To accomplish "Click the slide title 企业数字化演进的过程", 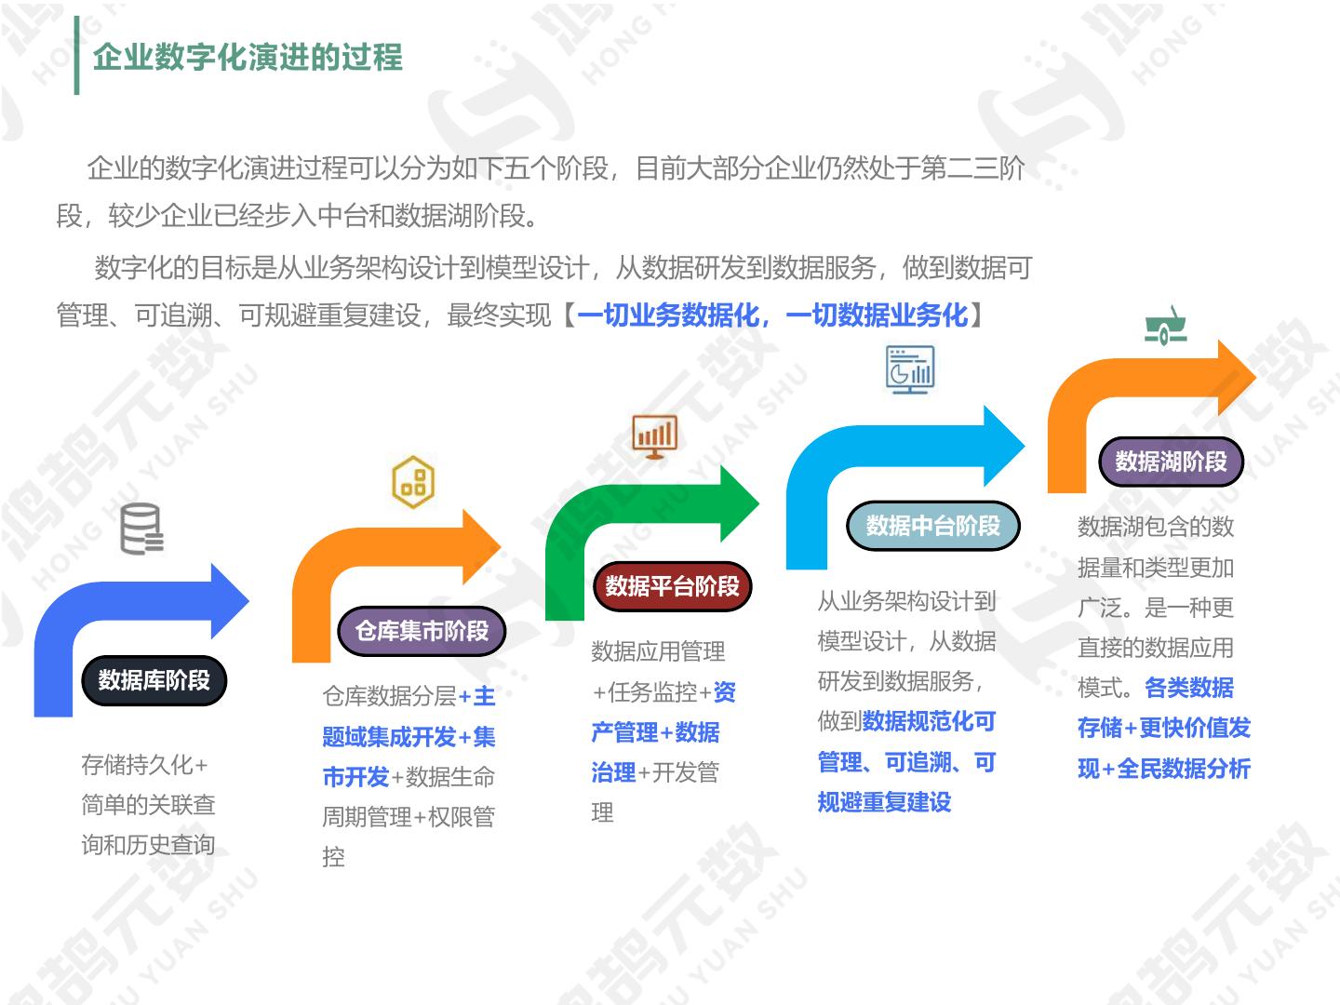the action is pos(248,57).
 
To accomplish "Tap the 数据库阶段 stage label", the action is pos(154,680).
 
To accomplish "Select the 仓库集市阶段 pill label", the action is pos(422,631).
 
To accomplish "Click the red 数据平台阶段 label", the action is pos(672,586).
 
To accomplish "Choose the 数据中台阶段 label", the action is pos(932,526).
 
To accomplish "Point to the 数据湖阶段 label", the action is pos(1171,462).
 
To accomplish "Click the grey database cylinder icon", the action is pos(141,529).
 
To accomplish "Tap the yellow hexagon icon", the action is pos(413,482).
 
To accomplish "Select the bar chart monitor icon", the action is pos(654,435).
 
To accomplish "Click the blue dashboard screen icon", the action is pos(909,369).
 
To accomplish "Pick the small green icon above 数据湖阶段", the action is pos(1166,327).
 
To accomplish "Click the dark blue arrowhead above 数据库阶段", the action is pos(228,601).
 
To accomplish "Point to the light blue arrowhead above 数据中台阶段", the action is pos(1002,446).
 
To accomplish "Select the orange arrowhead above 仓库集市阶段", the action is pos(480,546).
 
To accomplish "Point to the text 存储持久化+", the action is pos(144,765).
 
